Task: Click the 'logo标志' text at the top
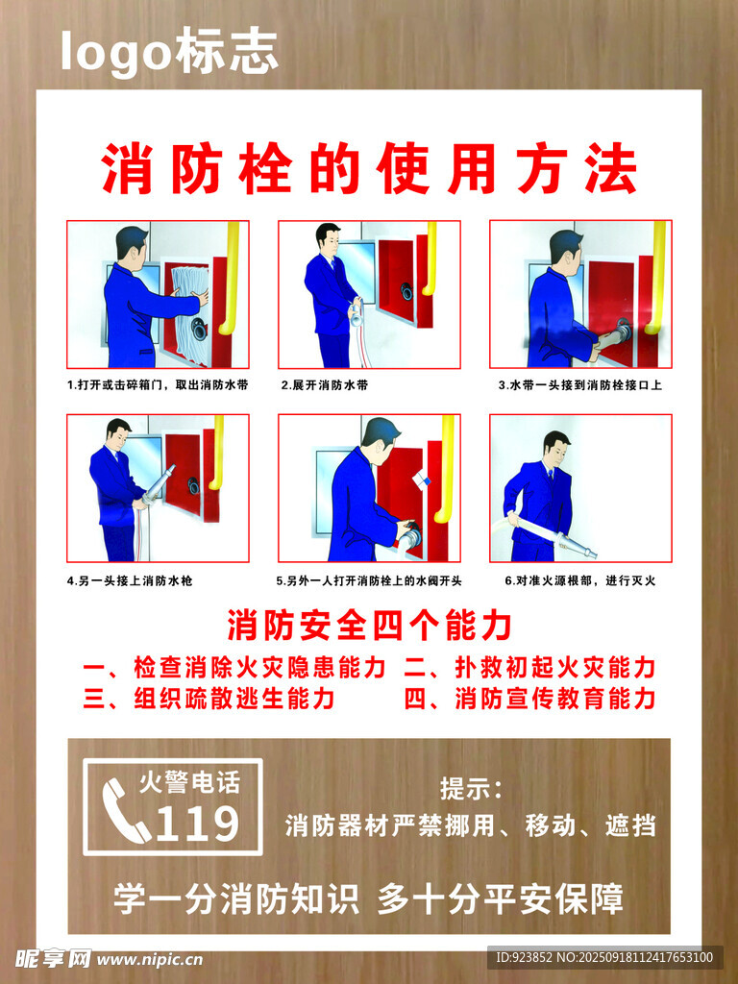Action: coord(169,51)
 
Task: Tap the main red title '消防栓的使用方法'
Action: coord(370,168)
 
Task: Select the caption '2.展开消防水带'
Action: coord(325,384)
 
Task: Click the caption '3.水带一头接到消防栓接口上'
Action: coord(579,384)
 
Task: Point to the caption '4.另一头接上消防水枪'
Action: coord(130,580)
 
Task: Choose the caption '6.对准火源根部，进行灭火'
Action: coord(579,580)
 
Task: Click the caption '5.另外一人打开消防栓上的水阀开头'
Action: coord(369,580)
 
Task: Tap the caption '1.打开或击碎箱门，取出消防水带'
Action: coord(158,384)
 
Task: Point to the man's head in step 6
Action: coord(556,447)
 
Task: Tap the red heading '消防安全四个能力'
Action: coord(369,625)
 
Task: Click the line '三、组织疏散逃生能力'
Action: coord(209,698)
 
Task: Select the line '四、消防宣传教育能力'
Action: coord(530,698)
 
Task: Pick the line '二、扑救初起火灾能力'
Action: coord(530,667)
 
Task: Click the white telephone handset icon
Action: coord(126,809)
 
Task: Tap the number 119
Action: coord(197,823)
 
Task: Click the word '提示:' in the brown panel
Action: coord(471,788)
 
